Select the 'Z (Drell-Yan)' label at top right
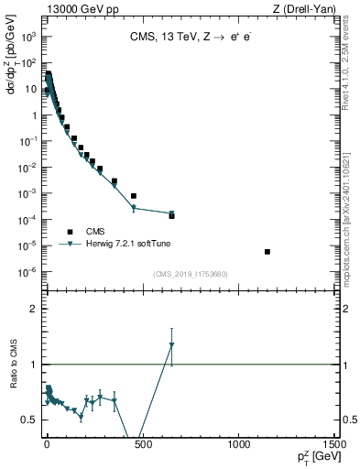(x=308, y=8)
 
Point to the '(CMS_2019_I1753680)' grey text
(x=190, y=274)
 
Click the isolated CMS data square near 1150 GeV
(x=267, y=252)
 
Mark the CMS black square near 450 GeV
(x=134, y=196)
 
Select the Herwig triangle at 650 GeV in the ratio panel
(x=171, y=345)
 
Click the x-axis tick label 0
(x=46, y=444)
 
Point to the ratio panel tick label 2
(x=32, y=309)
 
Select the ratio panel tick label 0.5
(x=28, y=420)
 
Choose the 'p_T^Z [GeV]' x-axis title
(x=315, y=457)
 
